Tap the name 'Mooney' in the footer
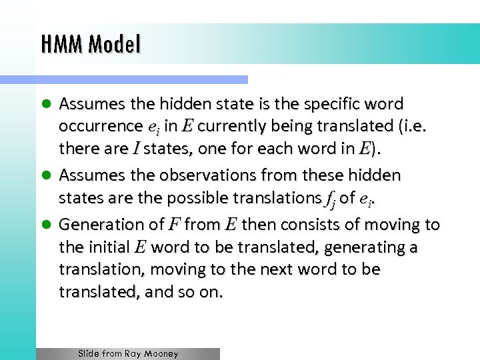[160, 353]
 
